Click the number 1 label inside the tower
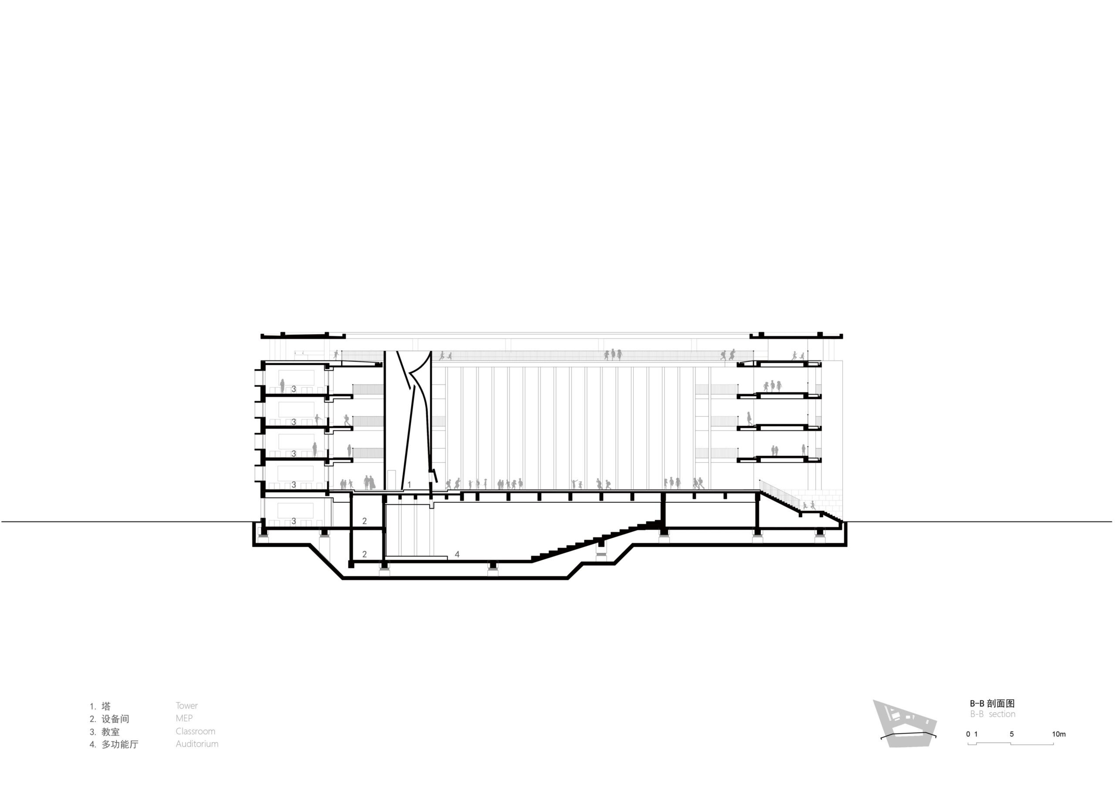409,485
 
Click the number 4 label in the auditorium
457,554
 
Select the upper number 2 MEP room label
365,521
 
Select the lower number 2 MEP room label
365,554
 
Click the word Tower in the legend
186,705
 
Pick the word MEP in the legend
184,718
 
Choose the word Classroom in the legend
195,731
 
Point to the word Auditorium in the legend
197,744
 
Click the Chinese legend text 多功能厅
119,744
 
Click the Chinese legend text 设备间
115,719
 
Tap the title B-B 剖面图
992,703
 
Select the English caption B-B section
993,714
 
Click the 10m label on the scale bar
1059,734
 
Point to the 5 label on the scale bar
1012,734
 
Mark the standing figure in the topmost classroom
282,386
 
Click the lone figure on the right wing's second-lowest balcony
749,418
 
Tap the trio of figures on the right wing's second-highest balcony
772,386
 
